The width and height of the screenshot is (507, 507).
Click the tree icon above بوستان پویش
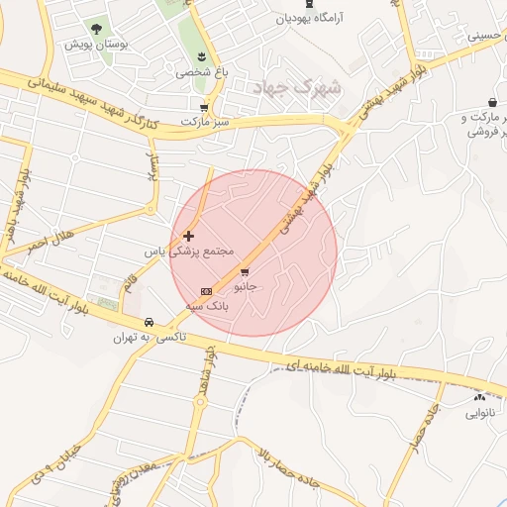tap(96, 30)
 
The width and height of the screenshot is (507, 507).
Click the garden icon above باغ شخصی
tap(202, 55)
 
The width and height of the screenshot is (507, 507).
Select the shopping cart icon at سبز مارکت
tap(204, 107)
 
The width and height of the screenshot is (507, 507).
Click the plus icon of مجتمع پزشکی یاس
tap(188, 236)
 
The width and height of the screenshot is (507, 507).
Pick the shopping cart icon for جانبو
tap(245, 270)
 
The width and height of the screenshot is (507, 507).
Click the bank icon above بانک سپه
tap(206, 291)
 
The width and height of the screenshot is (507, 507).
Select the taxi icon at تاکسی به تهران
tap(148, 322)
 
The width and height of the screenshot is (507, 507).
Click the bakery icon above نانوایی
tap(479, 396)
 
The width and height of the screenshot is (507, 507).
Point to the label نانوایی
tap(479, 413)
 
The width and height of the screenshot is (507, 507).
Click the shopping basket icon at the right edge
tap(492, 103)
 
